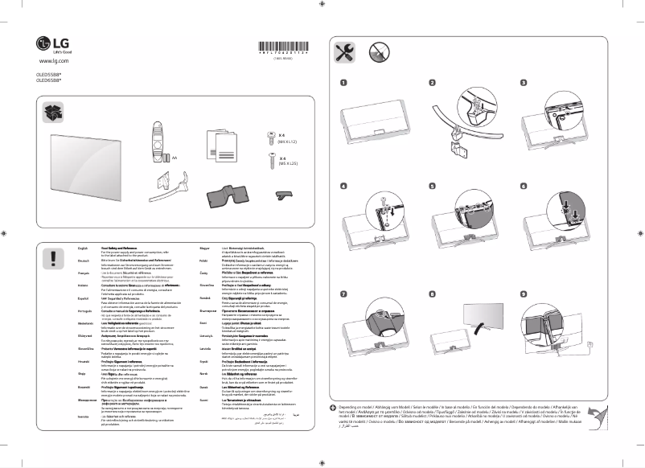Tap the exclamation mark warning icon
pyautogui.click(x=54, y=258)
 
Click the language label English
pyautogui.click(x=71, y=249)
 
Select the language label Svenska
pyautogui.click(x=72, y=419)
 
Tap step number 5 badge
pyautogui.click(x=433, y=185)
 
